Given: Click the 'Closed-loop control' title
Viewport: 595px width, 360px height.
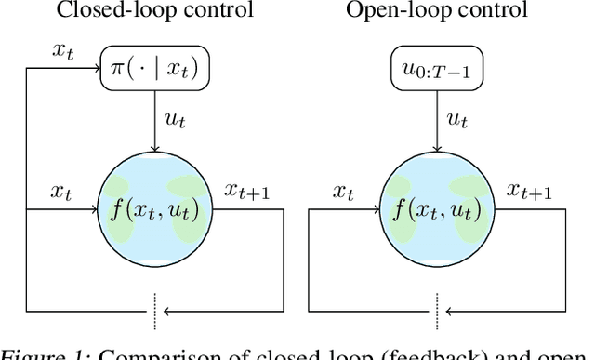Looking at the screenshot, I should [154, 12].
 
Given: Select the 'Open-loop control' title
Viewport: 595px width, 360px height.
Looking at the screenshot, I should [438, 12].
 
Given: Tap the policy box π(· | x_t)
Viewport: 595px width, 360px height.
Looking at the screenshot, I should [154, 68].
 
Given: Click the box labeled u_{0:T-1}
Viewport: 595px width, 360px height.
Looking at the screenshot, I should [437, 68].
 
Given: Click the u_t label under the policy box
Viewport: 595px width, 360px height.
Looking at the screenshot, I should [171, 118].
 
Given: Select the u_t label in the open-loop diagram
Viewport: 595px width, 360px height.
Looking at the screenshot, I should [454, 118].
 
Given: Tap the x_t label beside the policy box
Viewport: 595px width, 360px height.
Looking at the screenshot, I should [62, 53].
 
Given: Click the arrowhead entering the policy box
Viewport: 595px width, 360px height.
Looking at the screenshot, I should [96, 67].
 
